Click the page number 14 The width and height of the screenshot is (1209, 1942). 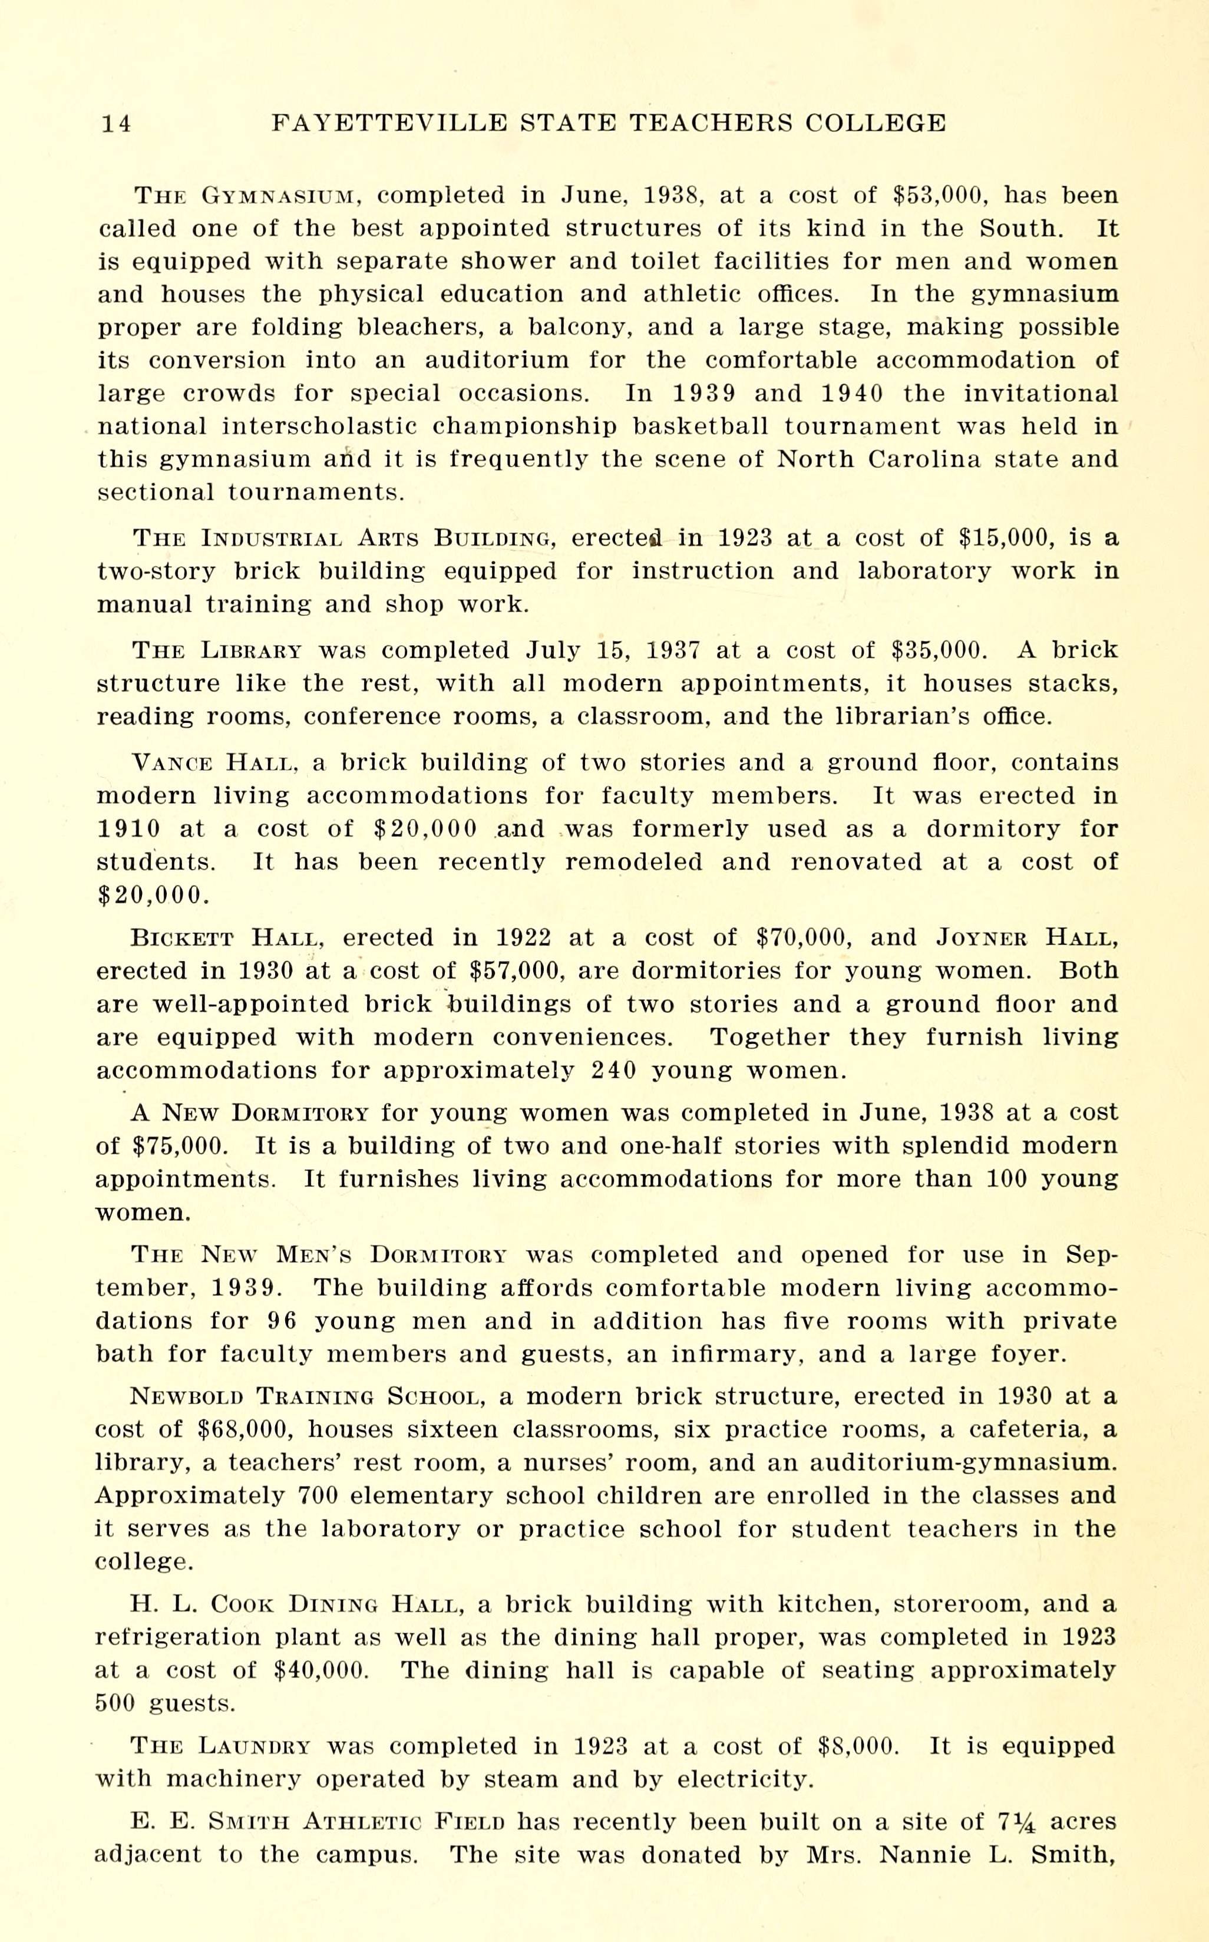[116, 124]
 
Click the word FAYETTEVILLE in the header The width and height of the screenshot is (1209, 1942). [389, 123]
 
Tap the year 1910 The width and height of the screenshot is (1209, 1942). [128, 829]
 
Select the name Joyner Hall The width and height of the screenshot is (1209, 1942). [1027, 938]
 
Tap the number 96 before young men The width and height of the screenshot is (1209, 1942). [282, 1321]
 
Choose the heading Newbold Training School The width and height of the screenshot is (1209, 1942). [305, 1397]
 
